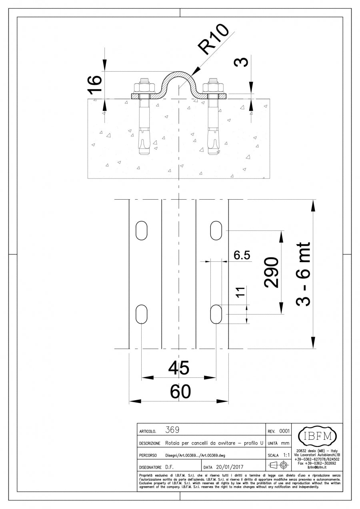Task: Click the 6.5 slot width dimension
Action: (242, 255)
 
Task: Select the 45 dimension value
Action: (179, 368)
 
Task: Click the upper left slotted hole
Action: (142, 230)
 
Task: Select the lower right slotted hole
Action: (216, 314)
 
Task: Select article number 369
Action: (172, 430)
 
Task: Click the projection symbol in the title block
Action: (279, 465)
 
